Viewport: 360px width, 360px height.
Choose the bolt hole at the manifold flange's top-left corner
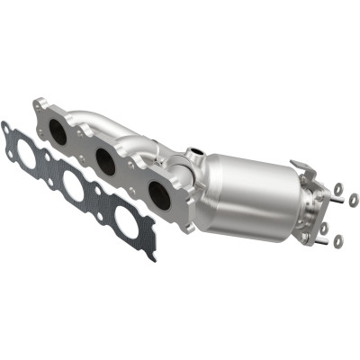[x=40, y=106]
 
